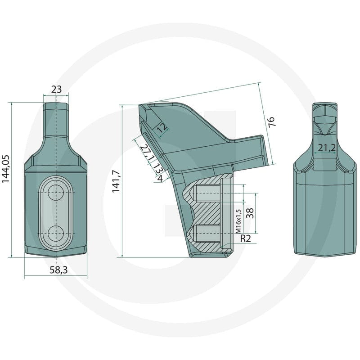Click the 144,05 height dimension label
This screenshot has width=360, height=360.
click(x=6, y=169)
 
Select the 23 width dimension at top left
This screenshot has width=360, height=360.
click(x=56, y=89)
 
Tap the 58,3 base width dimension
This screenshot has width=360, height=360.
click(x=58, y=270)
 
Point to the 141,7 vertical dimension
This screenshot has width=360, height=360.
click(x=116, y=181)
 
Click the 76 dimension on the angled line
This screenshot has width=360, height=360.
click(x=271, y=121)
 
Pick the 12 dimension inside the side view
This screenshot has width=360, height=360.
click(x=163, y=127)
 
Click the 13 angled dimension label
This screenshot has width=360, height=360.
click(x=158, y=168)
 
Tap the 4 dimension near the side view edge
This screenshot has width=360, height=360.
click(x=161, y=178)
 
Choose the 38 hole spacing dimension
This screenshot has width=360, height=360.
click(x=250, y=213)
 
